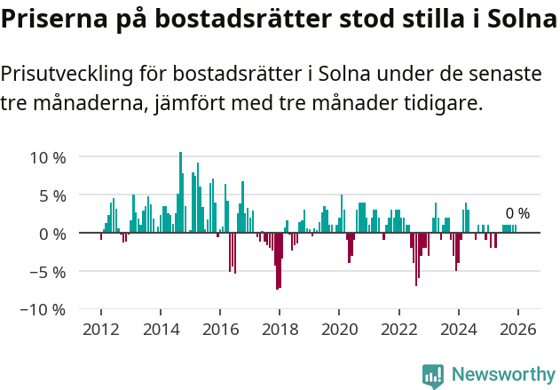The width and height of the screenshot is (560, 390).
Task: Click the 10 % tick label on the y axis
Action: (x=48, y=157)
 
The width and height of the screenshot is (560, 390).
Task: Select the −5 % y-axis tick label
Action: (x=48, y=272)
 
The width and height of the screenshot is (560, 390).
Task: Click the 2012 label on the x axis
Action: (x=100, y=330)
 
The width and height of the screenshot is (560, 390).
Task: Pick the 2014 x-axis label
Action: (x=160, y=330)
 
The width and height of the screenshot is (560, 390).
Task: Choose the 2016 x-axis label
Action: (x=219, y=330)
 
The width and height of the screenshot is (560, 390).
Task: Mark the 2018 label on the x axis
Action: (x=279, y=330)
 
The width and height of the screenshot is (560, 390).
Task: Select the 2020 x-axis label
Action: (x=338, y=330)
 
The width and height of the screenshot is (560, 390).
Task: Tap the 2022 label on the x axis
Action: (x=398, y=330)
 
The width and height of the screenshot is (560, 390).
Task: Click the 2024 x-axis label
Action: (x=458, y=330)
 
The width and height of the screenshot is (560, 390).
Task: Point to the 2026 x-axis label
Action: (x=517, y=330)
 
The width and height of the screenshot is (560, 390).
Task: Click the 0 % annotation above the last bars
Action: (x=517, y=213)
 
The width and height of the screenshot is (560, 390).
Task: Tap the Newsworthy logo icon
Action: (x=433, y=376)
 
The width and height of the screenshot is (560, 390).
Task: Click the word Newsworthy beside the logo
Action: (x=502, y=376)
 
